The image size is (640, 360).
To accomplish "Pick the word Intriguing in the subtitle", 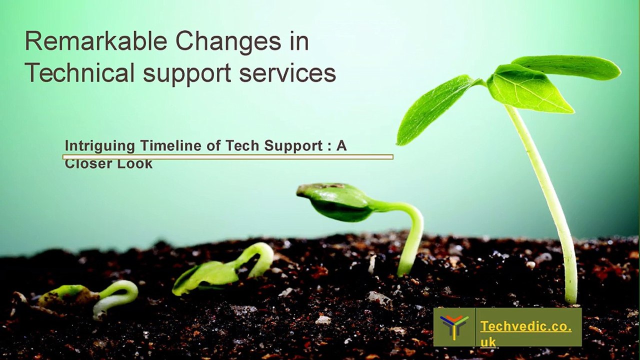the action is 99,146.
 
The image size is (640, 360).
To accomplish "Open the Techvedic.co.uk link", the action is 525,333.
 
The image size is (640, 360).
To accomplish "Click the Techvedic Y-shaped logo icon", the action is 454,327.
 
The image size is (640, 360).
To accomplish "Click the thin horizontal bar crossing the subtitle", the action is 227,157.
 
